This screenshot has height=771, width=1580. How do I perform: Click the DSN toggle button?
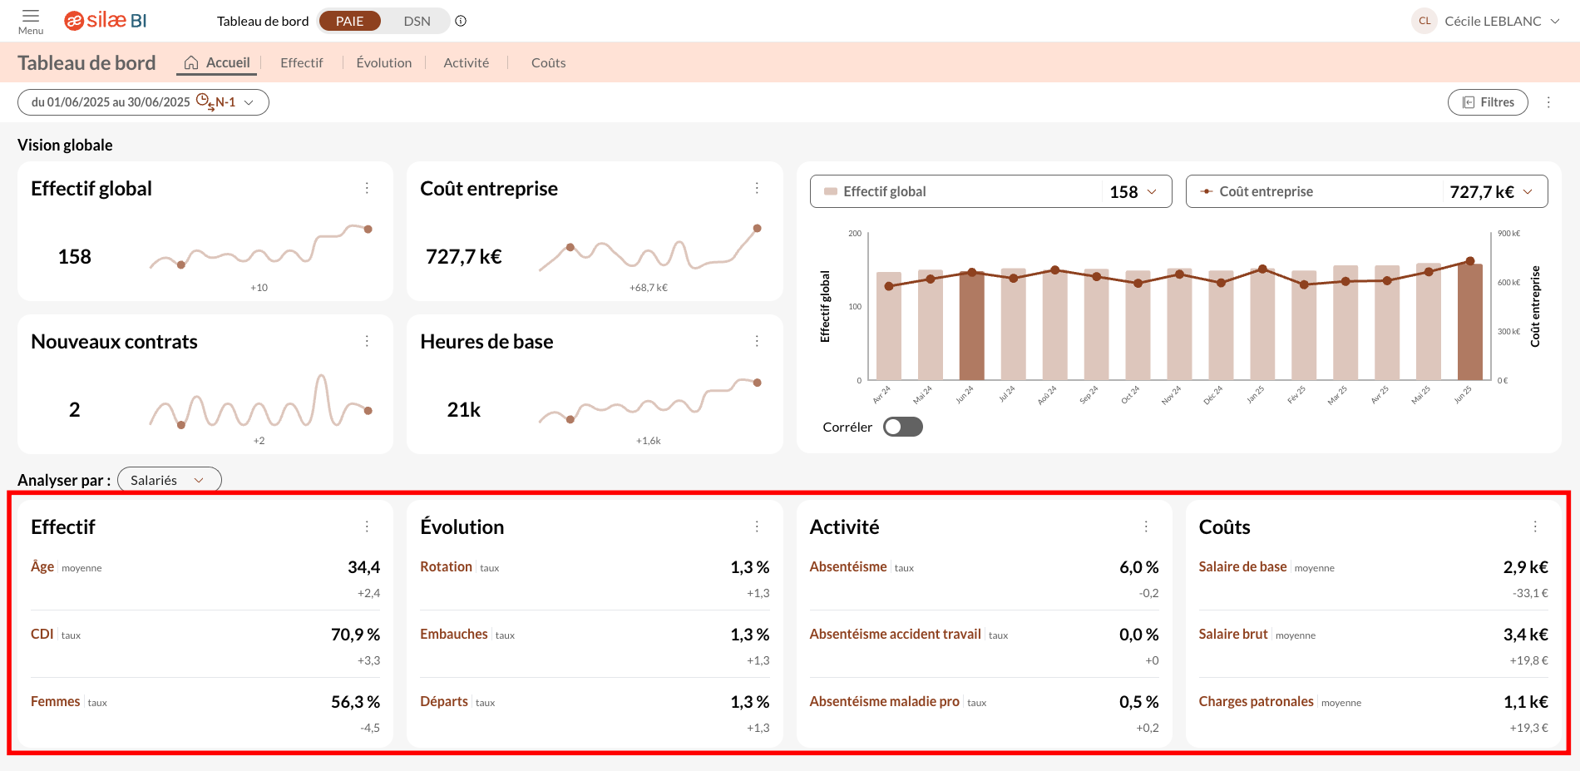417,21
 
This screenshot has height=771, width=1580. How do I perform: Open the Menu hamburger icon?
31,21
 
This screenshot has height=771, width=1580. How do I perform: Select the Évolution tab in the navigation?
383,62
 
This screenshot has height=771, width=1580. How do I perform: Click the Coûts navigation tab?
548,62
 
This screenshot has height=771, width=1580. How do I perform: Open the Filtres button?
1488,102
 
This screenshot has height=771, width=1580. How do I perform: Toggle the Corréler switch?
902,427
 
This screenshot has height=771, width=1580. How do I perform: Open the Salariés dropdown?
169,480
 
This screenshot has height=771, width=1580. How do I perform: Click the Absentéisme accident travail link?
895,634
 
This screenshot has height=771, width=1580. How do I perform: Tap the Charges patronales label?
1256,701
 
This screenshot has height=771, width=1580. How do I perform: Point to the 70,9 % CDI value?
355,635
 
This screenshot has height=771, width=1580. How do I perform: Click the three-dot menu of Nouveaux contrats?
367,341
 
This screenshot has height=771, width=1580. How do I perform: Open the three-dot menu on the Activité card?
1146,526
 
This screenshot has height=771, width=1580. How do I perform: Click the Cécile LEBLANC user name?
1493,21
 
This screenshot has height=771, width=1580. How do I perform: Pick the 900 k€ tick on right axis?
1508,234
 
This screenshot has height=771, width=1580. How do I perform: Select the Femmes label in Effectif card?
56,701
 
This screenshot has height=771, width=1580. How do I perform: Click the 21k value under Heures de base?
464,409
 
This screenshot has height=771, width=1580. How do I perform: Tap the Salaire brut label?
1233,634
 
